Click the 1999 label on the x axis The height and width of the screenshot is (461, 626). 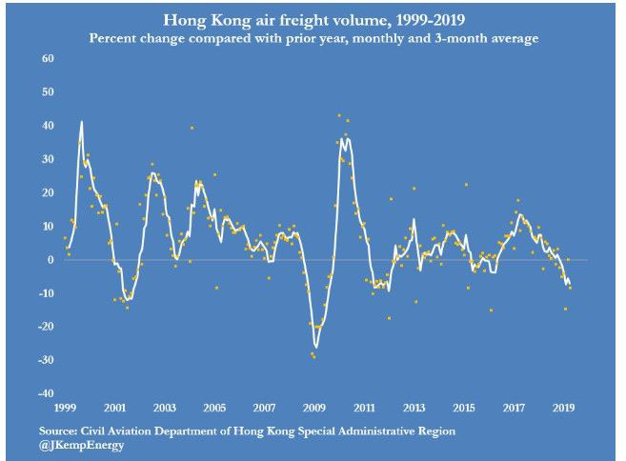pos(66,407)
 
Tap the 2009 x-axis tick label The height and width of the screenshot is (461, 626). pos(314,407)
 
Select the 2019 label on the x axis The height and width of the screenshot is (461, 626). pos(563,407)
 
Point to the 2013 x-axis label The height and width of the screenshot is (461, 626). pos(414,407)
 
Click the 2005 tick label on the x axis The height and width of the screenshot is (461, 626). pos(215,407)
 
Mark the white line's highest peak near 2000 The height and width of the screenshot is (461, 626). pos(82,122)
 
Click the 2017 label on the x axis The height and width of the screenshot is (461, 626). pos(514,407)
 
